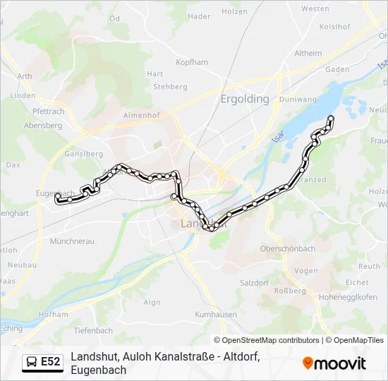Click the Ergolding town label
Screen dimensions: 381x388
[245, 99]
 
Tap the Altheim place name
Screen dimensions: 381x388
[308, 53]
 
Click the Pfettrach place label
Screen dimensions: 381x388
[49, 111]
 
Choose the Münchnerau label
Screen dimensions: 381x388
[72, 241]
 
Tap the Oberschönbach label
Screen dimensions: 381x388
[288, 248]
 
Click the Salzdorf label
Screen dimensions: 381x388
[255, 282]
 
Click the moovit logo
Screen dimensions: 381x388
[334, 363]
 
